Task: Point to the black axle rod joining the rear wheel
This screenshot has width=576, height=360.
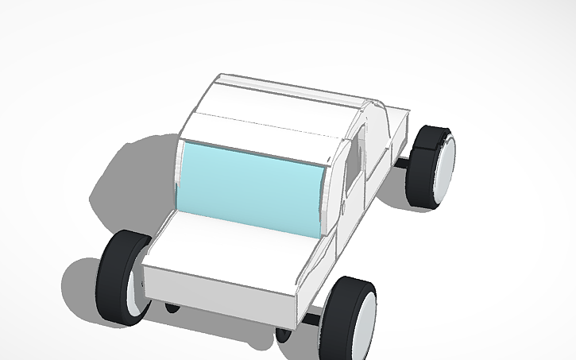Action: tap(404, 163)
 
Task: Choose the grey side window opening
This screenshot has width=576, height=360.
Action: tap(354, 155)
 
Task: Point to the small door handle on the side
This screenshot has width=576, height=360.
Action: tap(344, 208)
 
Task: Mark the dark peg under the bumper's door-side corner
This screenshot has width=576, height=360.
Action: tap(282, 333)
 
